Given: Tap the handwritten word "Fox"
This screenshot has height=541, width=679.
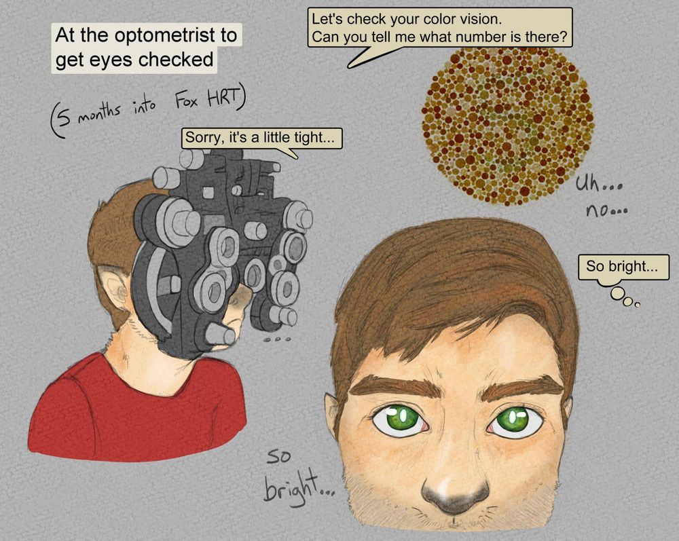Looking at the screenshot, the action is coord(187,101).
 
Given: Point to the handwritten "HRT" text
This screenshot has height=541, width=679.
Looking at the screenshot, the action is coord(223,99).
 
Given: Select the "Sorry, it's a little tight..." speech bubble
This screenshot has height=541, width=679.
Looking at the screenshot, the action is coord(261,138).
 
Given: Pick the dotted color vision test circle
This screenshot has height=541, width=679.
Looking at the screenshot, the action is coord(508,126).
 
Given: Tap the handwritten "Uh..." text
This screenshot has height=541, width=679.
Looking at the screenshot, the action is coord(598,185).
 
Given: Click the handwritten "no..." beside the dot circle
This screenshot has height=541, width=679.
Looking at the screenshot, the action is coord(606,211).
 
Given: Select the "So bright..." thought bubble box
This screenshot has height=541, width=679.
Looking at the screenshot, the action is coord(623,267).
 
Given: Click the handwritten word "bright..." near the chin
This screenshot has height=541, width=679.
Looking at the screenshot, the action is coord(299,489).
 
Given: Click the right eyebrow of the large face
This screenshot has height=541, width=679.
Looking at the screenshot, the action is coord(525,386).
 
